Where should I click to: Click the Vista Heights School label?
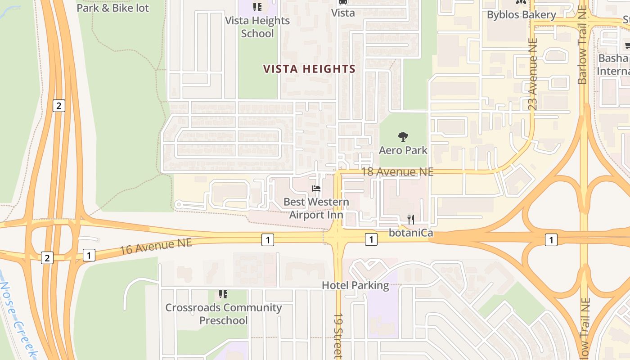(257, 27)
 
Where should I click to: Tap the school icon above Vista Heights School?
(257, 7)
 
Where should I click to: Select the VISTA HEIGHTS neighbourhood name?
(309, 69)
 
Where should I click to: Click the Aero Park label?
(403, 150)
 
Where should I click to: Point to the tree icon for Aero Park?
(403, 136)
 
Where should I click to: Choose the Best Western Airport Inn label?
(316, 208)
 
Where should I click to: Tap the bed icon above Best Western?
(316, 189)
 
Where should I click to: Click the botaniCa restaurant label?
(411, 233)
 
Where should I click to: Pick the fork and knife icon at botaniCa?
(410, 219)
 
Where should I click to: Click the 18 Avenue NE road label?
(397, 171)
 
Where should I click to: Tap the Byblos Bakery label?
(522, 15)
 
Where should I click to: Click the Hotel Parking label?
(355, 285)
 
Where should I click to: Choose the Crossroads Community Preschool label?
(224, 314)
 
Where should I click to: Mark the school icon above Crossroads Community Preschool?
(223, 294)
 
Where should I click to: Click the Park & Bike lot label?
(112, 8)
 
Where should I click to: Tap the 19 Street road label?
(338, 335)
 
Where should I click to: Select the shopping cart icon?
(628, 45)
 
